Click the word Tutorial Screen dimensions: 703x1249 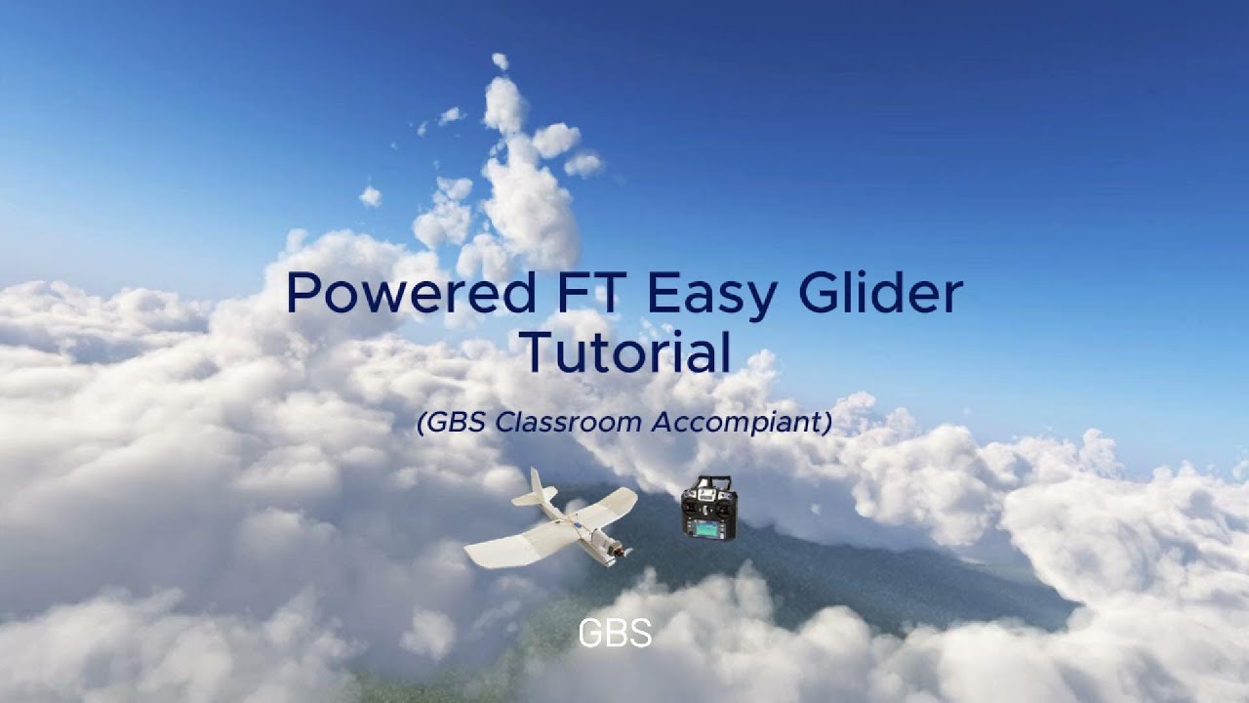click(625, 352)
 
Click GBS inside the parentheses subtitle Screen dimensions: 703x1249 click(456, 423)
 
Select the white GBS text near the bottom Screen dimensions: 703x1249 click(615, 634)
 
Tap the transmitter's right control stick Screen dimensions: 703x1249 click(723, 501)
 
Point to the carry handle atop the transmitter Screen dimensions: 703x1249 click(709, 481)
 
